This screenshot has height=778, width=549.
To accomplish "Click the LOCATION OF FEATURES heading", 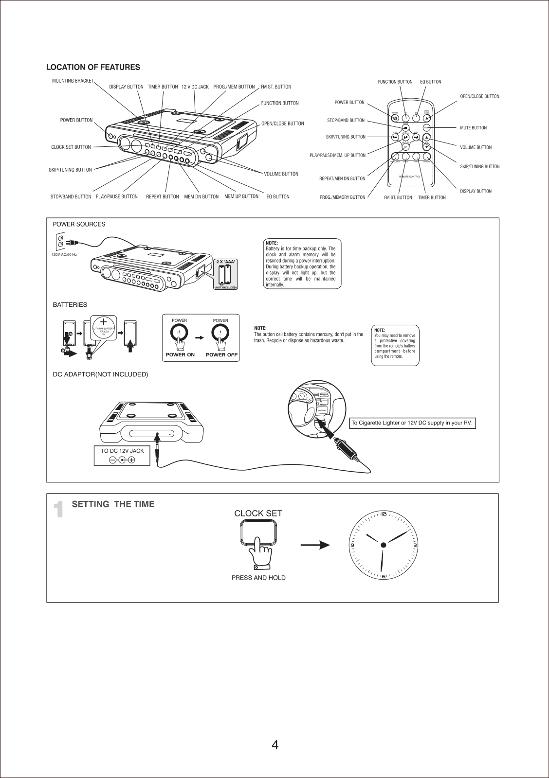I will (93, 67).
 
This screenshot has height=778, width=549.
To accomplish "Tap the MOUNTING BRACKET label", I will (73, 81).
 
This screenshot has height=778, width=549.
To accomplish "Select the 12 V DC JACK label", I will (195, 87).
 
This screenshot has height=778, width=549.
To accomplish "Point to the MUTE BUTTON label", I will (473, 128).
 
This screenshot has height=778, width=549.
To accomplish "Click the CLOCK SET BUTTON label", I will (71, 147).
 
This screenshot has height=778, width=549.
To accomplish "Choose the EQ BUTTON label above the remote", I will (430, 82).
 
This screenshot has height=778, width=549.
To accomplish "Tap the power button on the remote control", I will (395, 118).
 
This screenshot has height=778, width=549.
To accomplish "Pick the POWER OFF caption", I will (221, 355).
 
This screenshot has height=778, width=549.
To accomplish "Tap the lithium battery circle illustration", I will (103, 329).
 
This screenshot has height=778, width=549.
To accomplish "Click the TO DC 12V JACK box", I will (122, 456).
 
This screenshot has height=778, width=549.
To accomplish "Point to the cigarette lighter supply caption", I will (411, 423).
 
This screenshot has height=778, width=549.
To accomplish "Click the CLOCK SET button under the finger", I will (258, 532).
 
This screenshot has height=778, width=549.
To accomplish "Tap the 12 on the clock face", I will (384, 514).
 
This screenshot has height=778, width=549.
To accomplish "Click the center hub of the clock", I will (384, 545).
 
